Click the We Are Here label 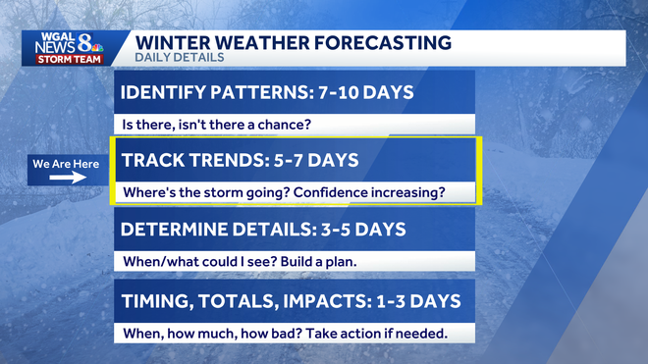point(66,164)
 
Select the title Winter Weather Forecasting point(293,42)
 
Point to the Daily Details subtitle point(179,58)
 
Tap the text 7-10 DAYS point(364,93)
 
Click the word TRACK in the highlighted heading point(149,160)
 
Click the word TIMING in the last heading point(156,299)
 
